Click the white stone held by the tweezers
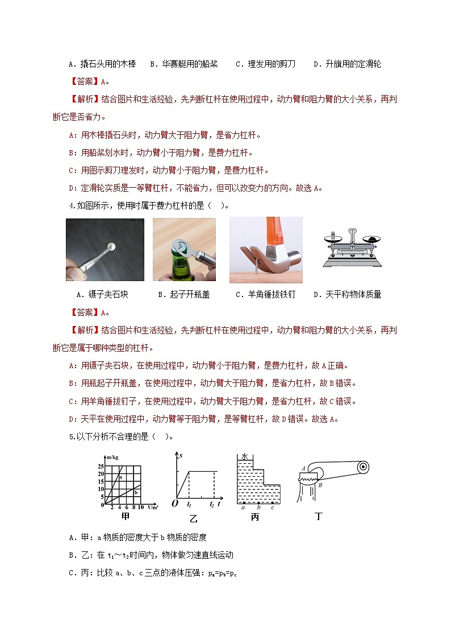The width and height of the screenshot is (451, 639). pyautogui.click(x=113, y=246)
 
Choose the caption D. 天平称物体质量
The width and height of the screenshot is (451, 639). pyautogui.click(x=347, y=295)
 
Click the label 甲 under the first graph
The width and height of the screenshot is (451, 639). pyautogui.click(x=126, y=517)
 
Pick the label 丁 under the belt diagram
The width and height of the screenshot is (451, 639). pyautogui.click(x=318, y=517)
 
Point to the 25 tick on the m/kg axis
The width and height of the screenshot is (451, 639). pyautogui.click(x=101, y=467)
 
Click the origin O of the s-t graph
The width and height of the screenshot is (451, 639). pyautogui.click(x=174, y=504)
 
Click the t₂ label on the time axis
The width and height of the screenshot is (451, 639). pyautogui.click(x=212, y=504)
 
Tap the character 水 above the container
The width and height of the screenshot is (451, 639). pyautogui.click(x=244, y=457)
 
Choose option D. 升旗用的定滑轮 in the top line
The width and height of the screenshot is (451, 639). pyautogui.click(x=347, y=64)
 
